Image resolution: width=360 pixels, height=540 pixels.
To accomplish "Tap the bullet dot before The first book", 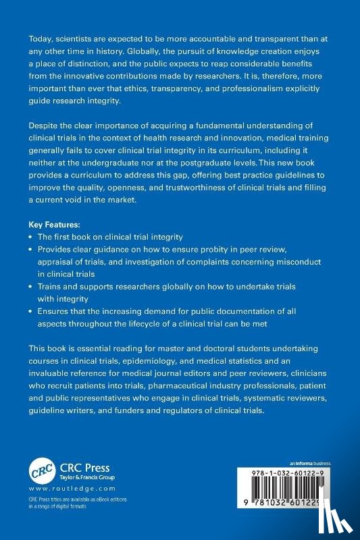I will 30,237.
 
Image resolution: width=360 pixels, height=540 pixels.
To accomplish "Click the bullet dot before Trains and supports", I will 30,287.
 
